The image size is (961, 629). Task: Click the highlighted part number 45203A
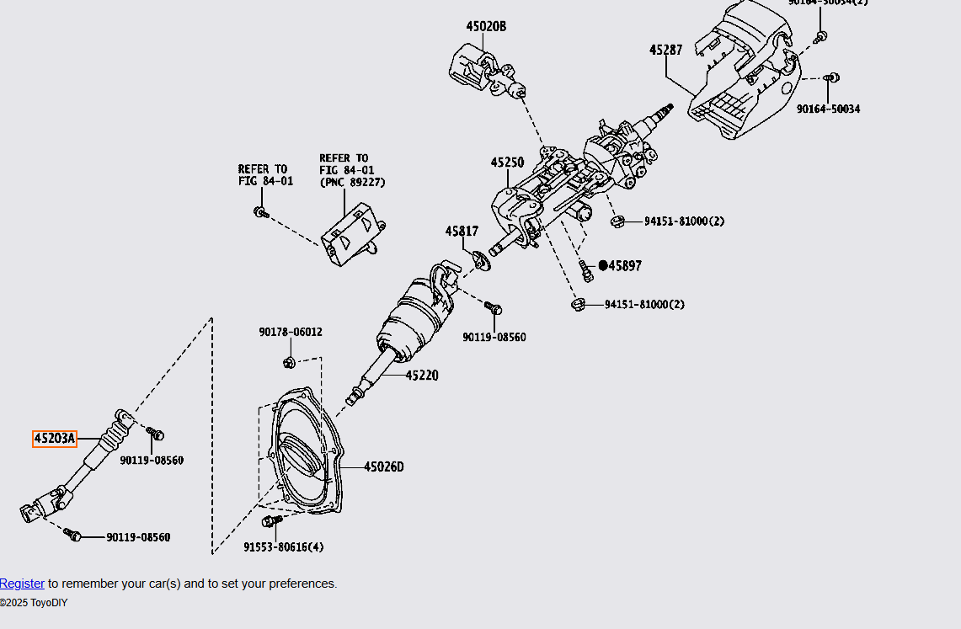click(x=55, y=439)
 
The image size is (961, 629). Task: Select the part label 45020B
click(x=486, y=26)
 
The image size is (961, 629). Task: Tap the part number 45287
click(x=665, y=51)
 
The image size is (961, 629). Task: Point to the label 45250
click(x=507, y=163)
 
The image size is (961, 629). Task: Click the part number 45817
click(x=462, y=232)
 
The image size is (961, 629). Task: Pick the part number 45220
click(x=421, y=376)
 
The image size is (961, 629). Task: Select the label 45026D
click(x=383, y=467)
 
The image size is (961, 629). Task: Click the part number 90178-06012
click(x=290, y=333)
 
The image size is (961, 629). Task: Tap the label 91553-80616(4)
click(x=284, y=547)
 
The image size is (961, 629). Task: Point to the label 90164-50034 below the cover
click(x=829, y=109)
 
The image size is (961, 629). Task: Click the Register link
click(x=22, y=584)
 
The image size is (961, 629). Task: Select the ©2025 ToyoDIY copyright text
click(x=34, y=603)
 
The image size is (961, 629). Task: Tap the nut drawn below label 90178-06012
click(x=289, y=363)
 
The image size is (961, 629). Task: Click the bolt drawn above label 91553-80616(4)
click(x=270, y=522)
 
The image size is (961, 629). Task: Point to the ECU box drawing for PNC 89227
click(x=352, y=232)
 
